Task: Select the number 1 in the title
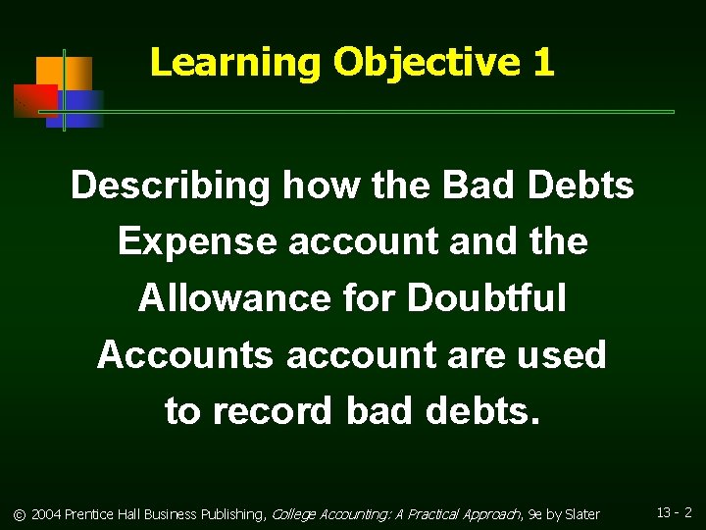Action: point(544,63)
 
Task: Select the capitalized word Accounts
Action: point(184,354)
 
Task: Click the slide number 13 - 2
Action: point(675,512)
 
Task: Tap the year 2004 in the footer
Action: point(46,514)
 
